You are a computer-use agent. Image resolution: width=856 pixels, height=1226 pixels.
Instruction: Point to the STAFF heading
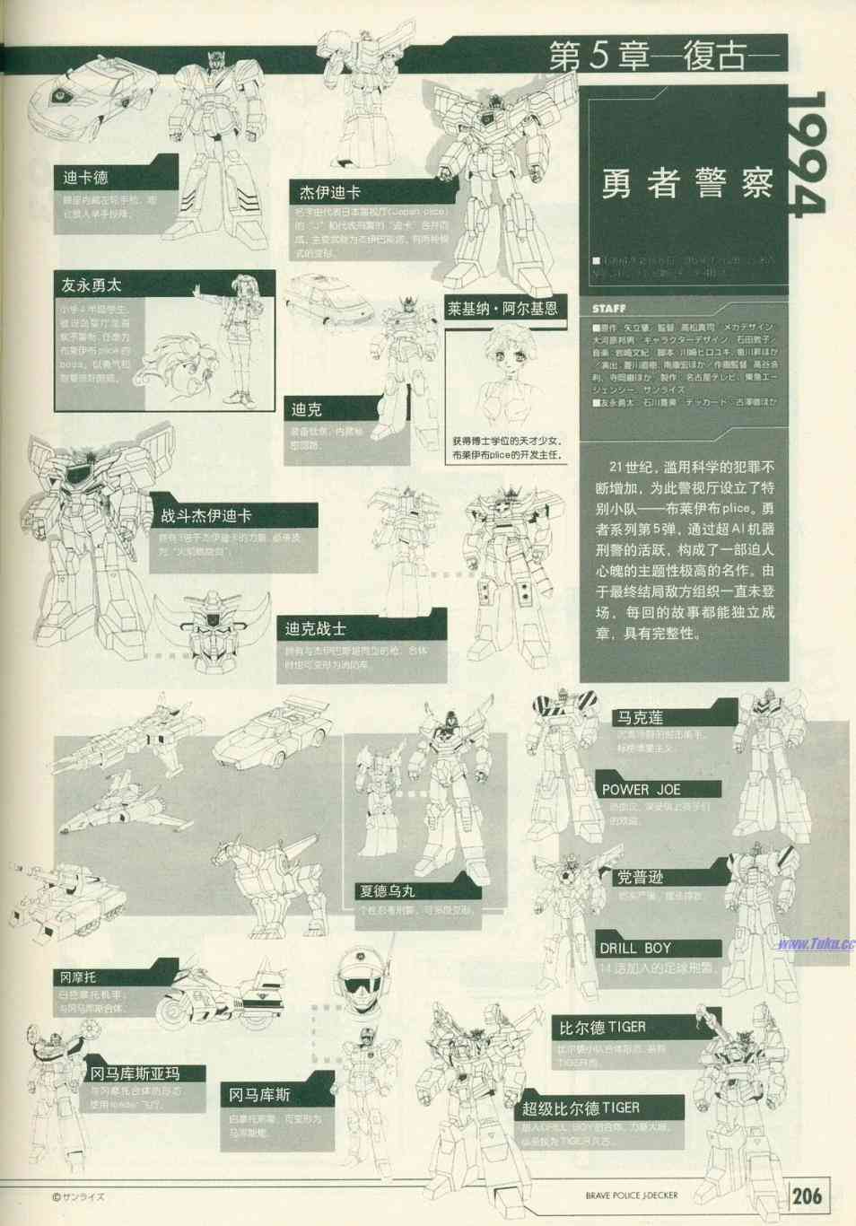609,309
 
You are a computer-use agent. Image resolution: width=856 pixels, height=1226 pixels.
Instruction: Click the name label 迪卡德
85,178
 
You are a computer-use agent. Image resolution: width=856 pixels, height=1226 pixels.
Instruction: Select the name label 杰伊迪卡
329,192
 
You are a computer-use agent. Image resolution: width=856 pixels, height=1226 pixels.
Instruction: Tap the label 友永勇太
91,285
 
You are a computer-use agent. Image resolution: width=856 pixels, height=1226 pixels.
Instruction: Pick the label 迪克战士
315,629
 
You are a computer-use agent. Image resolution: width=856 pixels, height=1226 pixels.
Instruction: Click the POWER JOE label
641,790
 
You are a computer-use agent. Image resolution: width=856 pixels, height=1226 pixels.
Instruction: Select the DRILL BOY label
635,948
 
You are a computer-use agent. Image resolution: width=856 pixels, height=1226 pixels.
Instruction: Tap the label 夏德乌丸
387,891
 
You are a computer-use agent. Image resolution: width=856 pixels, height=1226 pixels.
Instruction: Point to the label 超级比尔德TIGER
581,1108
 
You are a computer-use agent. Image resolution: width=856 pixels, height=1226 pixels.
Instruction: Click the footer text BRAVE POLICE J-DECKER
632,1195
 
